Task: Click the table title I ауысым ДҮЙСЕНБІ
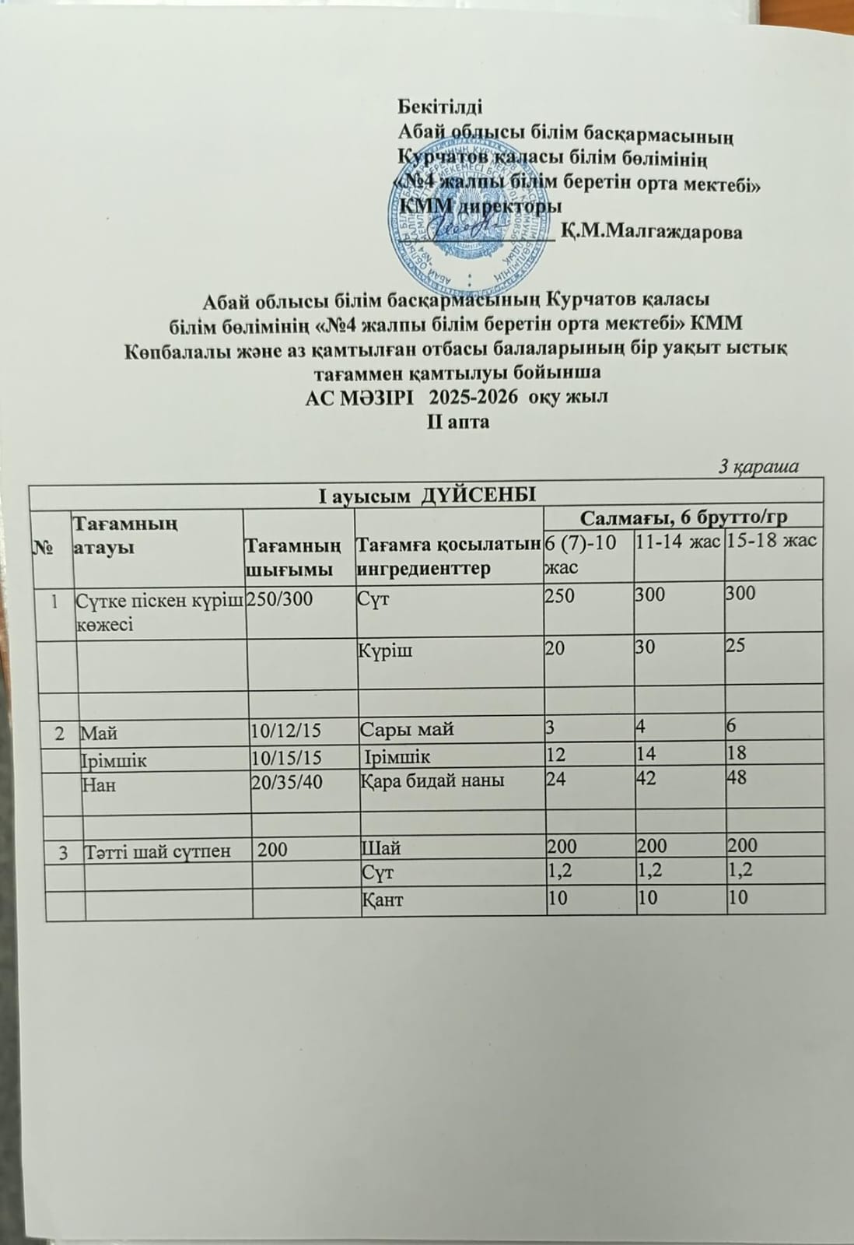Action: coord(427,494)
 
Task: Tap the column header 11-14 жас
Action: coord(677,542)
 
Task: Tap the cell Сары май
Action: coord(408,730)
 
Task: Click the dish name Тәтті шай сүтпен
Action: coord(156,851)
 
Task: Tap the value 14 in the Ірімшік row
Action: coord(647,752)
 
